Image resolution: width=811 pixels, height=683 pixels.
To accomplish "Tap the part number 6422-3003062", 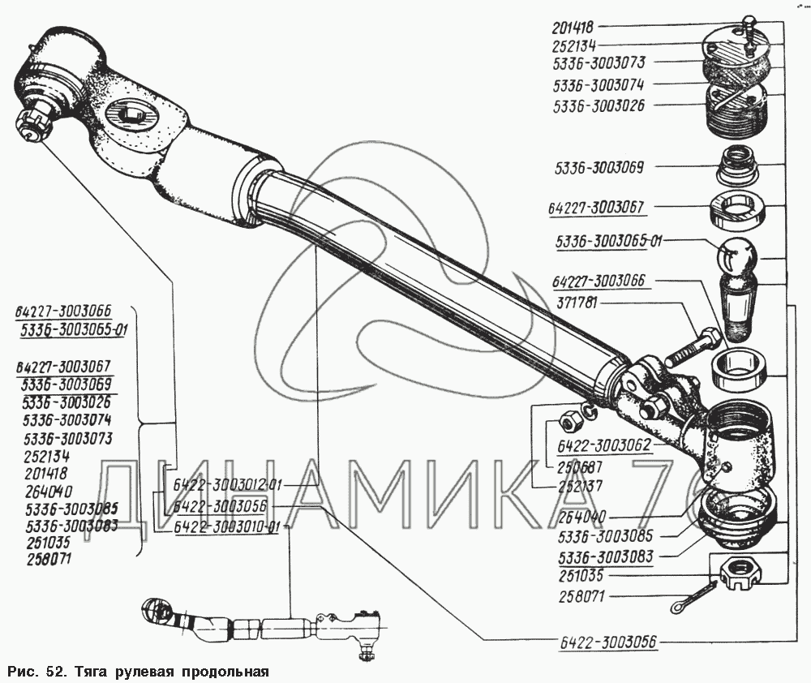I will click(602, 445).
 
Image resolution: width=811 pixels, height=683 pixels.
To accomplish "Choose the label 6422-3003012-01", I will click(228, 486).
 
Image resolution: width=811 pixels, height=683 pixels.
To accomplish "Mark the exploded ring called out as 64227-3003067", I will click(739, 213).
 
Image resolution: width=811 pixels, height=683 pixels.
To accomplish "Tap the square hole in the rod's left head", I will click(131, 111).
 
